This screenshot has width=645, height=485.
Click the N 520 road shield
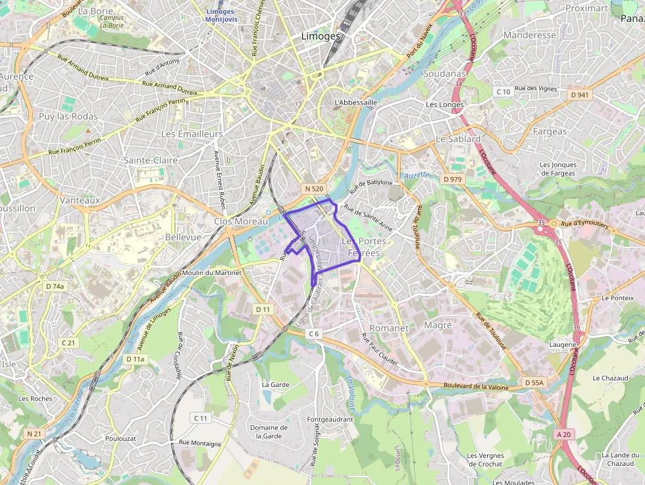click(x=313, y=189)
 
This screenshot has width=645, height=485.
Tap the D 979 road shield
click(x=453, y=179)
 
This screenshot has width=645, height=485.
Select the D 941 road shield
click(x=579, y=95)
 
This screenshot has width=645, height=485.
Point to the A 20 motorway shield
click(x=564, y=434)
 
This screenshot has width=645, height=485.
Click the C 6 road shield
click(x=313, y=334)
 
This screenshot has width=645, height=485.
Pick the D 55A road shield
click(x=534, y=382)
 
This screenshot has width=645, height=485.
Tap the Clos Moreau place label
click(x=241, y=222)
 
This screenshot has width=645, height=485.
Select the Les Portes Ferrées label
click(x=363, y=247)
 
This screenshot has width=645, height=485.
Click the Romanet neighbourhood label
click(x=389, y=328)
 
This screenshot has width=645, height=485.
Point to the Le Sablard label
click(x=458, y=140)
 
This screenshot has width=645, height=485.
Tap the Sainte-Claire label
click(x=151, y=160)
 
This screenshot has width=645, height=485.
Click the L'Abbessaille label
click(x=355, y=103)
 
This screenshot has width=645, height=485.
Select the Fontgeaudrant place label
click(x=330, y=419)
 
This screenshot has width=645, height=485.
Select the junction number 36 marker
click(x=578, y=327)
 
